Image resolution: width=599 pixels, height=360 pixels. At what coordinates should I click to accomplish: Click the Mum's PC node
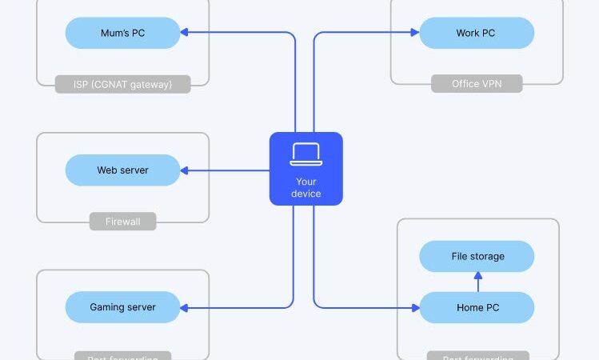122,34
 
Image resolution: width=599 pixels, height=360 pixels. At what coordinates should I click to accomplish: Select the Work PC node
477,34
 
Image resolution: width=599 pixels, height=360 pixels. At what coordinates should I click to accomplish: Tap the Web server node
122,170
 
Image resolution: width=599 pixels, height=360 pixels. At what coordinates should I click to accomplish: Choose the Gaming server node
122,307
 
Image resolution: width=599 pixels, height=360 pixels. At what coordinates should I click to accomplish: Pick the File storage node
477,256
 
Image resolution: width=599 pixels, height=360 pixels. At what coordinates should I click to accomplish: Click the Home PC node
477,307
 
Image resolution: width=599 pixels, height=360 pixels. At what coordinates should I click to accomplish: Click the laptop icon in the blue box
305,154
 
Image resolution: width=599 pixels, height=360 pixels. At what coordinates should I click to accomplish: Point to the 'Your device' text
305,187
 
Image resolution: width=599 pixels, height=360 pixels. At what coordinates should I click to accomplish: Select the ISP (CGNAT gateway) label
122,84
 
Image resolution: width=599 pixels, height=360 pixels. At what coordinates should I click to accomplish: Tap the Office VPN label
477,84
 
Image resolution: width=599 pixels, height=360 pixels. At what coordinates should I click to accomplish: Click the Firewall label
122,221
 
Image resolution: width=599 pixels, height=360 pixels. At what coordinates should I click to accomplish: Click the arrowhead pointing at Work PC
415,34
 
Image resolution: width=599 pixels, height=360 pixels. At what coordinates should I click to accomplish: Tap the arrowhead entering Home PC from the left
415,307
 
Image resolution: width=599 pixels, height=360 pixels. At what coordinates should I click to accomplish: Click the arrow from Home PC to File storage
477,281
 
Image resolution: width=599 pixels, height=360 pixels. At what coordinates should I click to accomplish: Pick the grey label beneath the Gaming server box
122,356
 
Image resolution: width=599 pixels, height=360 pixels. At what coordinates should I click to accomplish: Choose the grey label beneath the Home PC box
477,356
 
